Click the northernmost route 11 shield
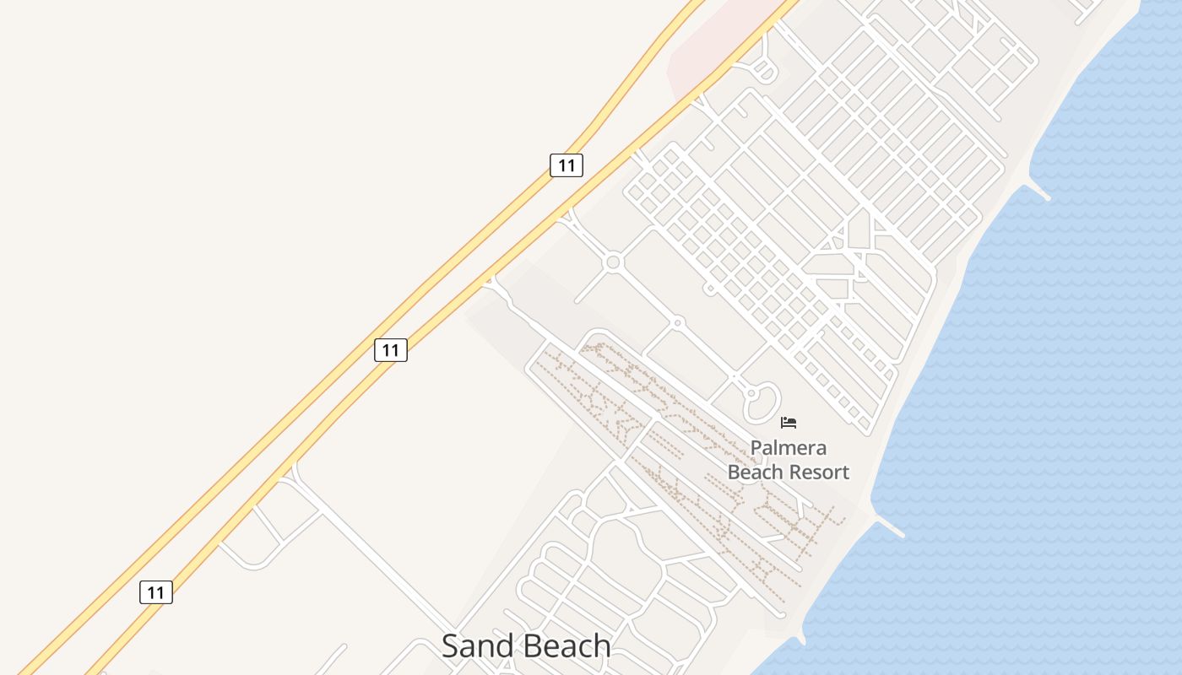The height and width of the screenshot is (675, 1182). point(567,165)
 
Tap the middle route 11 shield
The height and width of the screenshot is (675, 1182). point(391,349)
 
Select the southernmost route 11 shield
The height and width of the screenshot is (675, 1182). point(156,592)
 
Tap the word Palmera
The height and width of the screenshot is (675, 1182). point(789,448)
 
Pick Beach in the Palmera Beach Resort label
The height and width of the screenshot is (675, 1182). point(754,472)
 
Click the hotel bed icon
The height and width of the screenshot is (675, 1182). point(789,422)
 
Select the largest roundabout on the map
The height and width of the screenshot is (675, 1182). point(614,262)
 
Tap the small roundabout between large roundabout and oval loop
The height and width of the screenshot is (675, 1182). point(677,322)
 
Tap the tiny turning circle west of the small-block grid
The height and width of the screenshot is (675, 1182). point(710,289)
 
